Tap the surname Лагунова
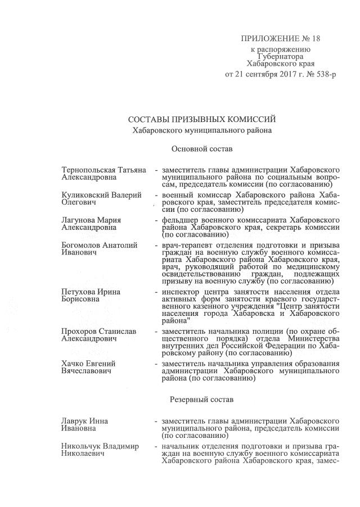tap(78, 220)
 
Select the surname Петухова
tap(78, 292)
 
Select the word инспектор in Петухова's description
tap(180, 292)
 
